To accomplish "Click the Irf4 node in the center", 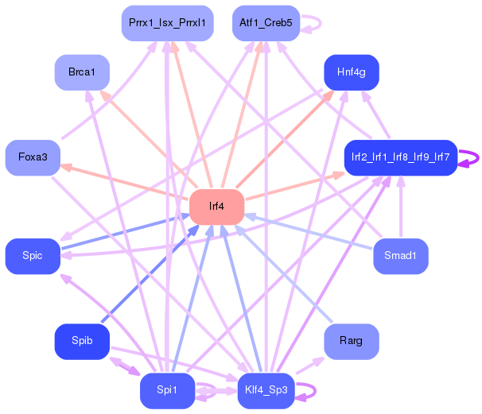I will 216,207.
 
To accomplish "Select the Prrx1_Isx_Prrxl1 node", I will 167,23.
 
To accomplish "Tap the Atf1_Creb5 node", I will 266,23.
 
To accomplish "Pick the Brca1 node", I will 81,72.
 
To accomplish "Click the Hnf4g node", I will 351,72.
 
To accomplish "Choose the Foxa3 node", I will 33,157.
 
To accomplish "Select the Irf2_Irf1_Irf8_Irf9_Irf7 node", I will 400,157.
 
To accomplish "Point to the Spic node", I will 33,256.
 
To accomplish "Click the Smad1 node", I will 400,256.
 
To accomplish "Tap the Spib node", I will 81,341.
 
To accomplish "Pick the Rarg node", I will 351,341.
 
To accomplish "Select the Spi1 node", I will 167,390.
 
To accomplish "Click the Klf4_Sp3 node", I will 266,390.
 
